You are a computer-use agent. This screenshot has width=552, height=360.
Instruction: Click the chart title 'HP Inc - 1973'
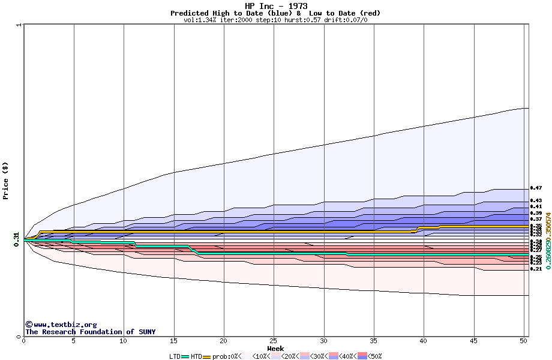click(x=276, y=6)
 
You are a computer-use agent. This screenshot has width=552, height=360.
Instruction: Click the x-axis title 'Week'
click(x=275, y=348)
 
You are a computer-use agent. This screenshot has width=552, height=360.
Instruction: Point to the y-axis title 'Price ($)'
click(x=6, y=180)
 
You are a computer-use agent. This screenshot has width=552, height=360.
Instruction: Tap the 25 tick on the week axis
click(x=274, y=341)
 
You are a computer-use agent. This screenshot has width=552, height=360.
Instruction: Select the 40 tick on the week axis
click(x=424, y=341)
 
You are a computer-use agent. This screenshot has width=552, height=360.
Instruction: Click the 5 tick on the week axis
click(x=74, y=341)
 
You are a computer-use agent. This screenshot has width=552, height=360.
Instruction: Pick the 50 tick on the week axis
click(x=523, y=341)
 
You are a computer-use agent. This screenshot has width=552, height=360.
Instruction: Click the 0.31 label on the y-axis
click(x=17, y=238)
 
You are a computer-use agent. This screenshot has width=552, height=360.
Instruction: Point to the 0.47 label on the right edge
click(x=536, y=188)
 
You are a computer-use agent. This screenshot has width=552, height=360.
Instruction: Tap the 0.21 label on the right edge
click(x=536, y=269)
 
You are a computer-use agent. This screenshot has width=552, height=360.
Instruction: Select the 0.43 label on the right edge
click(x=536, y=200)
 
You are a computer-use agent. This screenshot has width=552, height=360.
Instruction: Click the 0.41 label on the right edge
click(x=536, y=206)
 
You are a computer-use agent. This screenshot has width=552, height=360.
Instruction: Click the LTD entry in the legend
click(x=175, y=356)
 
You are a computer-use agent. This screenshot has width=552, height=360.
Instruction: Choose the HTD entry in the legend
click(x=196, y=356)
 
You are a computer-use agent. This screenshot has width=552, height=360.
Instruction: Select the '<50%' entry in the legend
click(x=375, y=356)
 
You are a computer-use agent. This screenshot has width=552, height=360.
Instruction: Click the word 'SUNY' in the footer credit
click(x=146, y=332)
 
